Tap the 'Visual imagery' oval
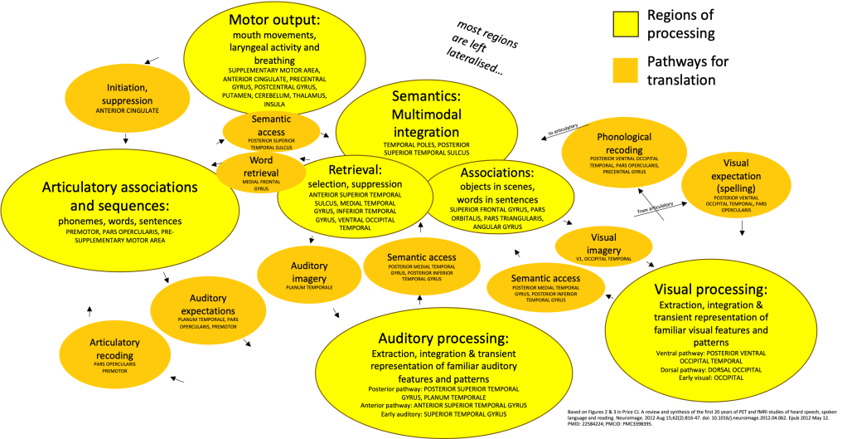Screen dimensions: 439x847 coord(598,246)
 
